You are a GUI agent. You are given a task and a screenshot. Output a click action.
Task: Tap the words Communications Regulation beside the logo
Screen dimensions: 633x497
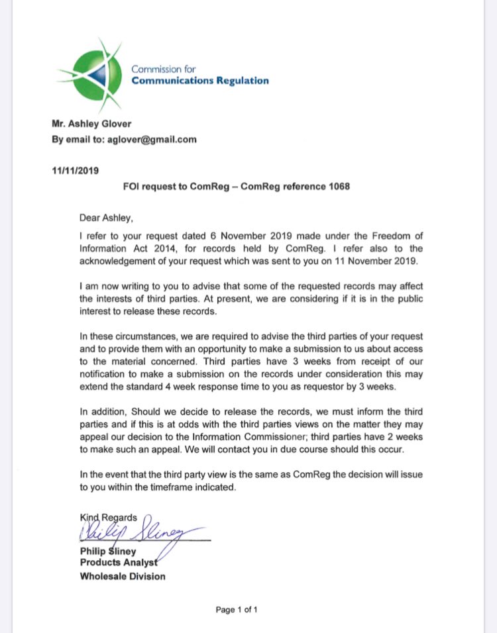tap(200, 81)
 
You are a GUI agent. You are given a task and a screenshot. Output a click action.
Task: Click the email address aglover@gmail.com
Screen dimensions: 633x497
tap(154, 139)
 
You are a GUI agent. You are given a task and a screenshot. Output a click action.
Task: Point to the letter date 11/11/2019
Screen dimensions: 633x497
tap(75, 170)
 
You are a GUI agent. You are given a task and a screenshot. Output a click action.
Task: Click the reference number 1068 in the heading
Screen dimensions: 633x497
tap(337, 186)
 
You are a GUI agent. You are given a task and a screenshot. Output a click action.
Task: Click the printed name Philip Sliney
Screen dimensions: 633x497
tap(109, 551)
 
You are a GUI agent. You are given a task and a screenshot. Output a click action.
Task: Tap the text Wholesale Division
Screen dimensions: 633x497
tap(123, 576)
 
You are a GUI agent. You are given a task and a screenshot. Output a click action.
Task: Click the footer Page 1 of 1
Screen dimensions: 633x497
tap(237, 610)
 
